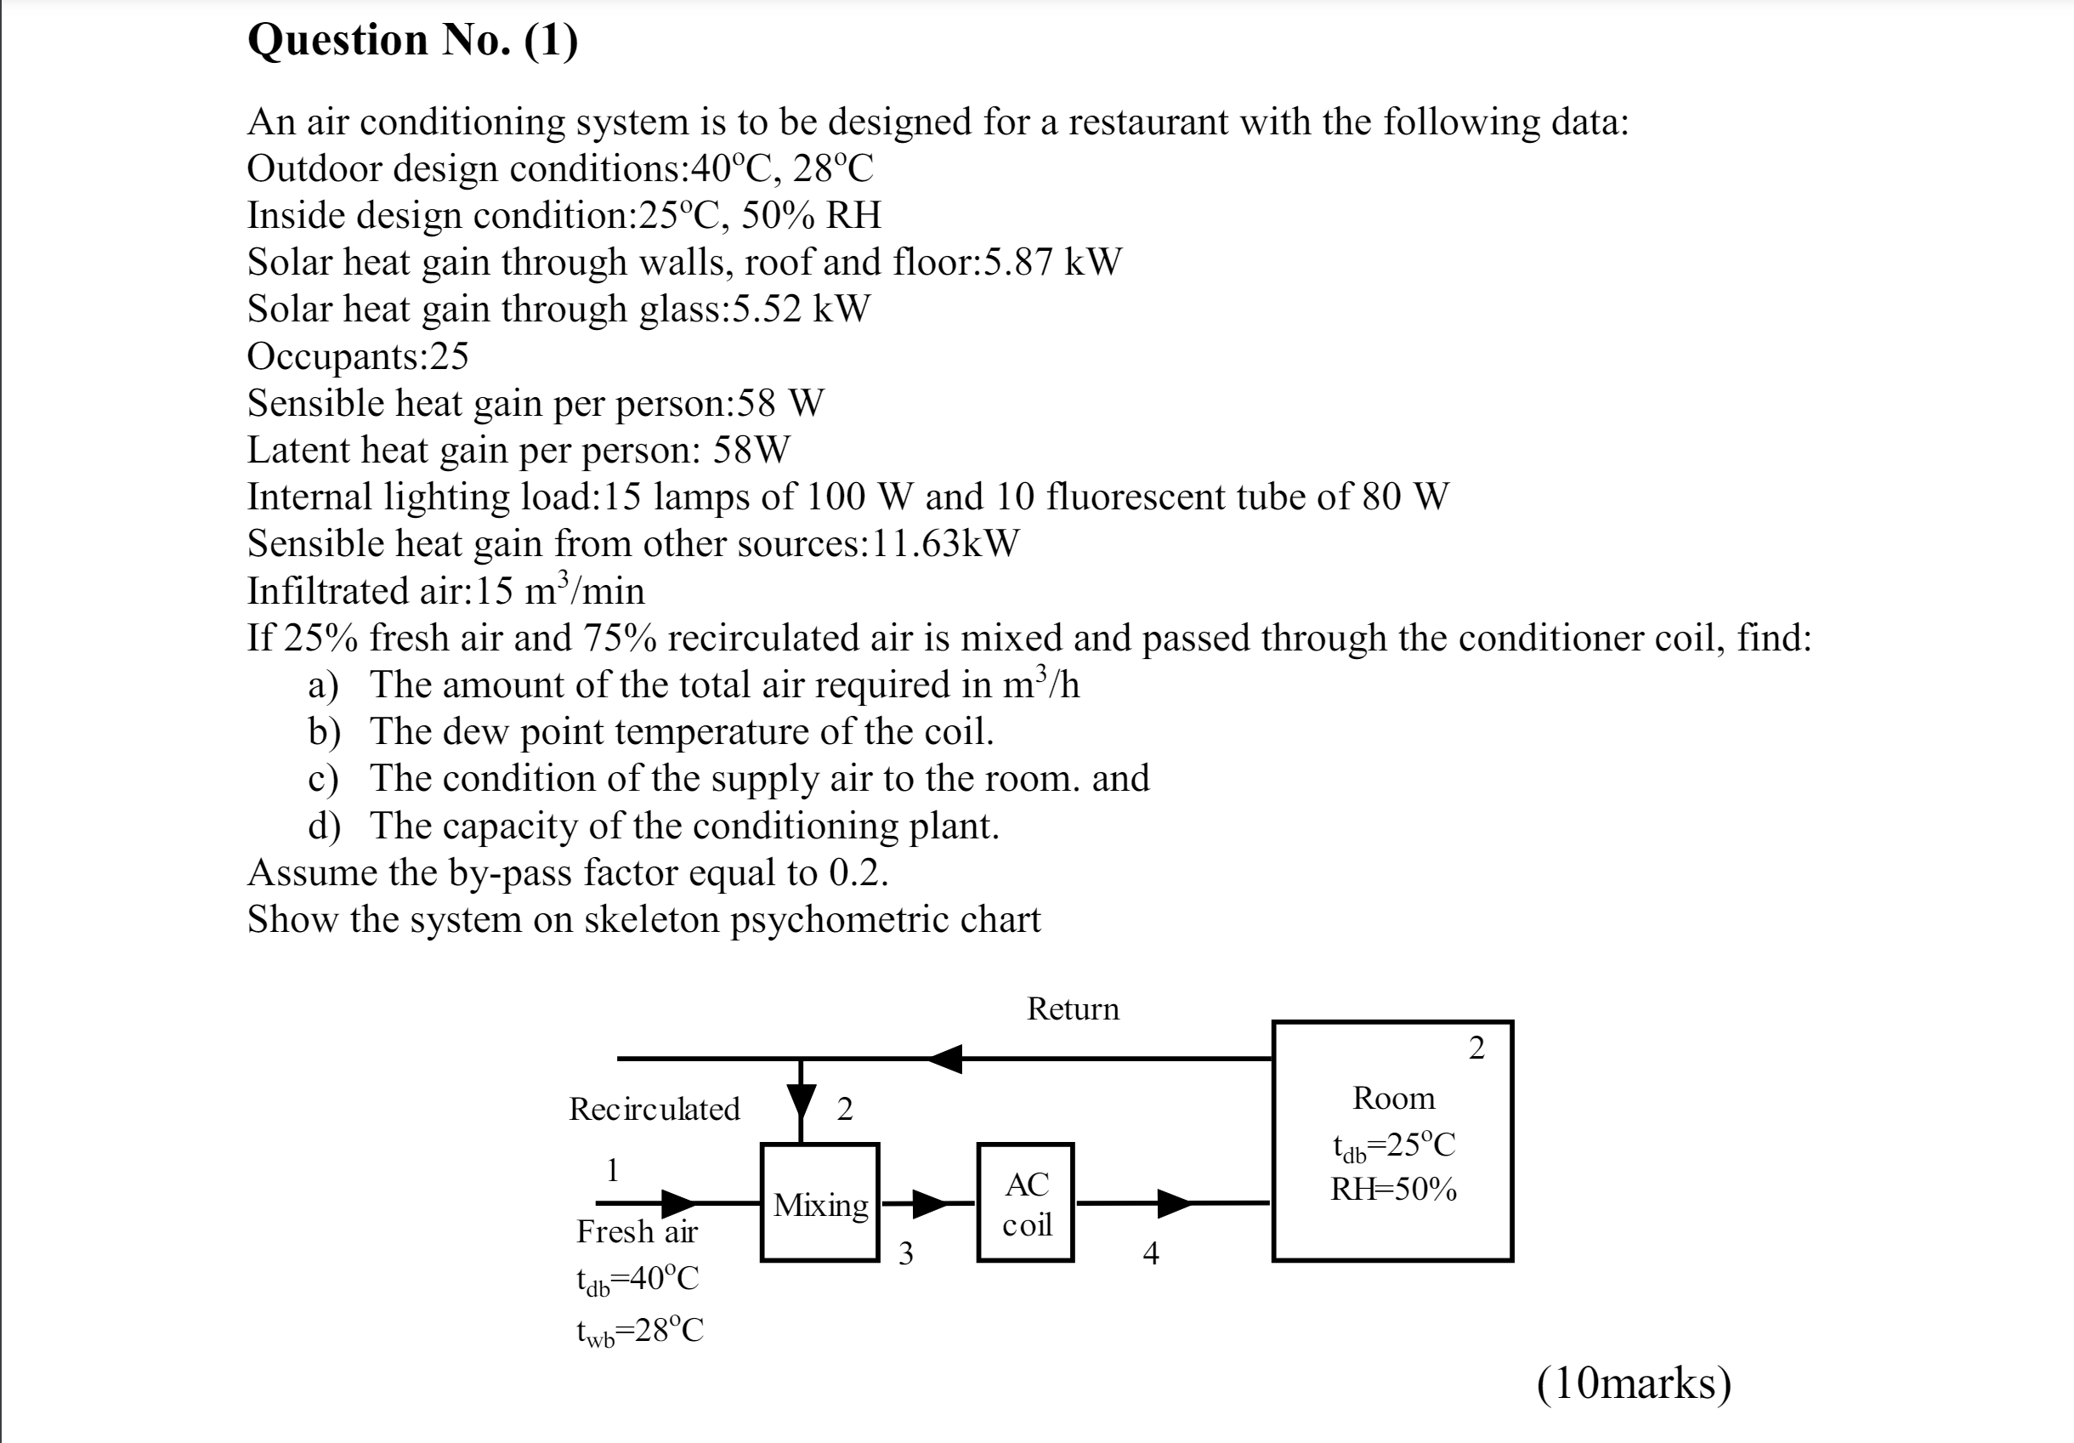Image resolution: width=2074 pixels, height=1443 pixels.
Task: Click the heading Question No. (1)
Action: (x=413, y=41)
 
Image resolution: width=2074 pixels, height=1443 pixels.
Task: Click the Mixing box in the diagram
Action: (x=819, y=1202)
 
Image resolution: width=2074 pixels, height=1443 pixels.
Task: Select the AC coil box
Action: (x=1025, y=1202)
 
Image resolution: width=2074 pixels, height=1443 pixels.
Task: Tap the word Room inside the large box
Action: (x=1393, y=1098)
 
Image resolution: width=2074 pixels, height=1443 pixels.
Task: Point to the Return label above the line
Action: (x=1072, y=1008)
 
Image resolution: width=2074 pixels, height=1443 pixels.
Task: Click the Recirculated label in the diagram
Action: (x=654, y=1109)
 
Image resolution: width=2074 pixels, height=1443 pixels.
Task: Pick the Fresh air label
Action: (x=637, y=1230)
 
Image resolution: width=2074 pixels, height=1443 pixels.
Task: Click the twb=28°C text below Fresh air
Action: (x=639, y=1330)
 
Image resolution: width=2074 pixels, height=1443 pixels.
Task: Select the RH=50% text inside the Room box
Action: (x=1393, y=1189)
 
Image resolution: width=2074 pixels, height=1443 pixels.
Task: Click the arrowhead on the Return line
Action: (x=945, y=1058)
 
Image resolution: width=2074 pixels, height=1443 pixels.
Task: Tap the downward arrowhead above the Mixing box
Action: (x=801, y=1101)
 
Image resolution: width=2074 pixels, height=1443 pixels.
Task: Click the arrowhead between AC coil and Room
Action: (x=1175, y=1202)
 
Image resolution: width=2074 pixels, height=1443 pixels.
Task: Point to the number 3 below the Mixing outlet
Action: (x=905, y=1253)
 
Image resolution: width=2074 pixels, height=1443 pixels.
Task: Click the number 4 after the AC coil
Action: (x=1150, y=1253)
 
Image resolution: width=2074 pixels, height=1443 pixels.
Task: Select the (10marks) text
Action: (x=1633, y=1383)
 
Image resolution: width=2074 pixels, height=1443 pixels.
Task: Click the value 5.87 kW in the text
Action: (x=1052, y=262)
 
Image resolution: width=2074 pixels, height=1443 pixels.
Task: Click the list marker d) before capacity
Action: (x=323, y=826)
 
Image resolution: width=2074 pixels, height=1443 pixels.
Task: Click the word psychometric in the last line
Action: (x=839, y=920)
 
